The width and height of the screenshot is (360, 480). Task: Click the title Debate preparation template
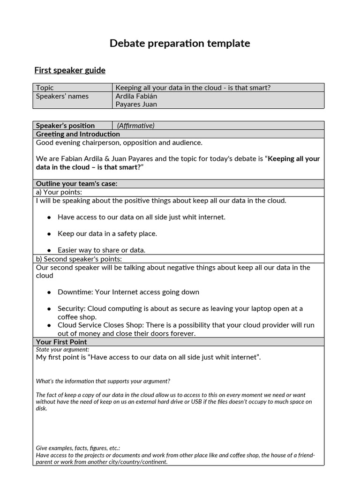[x=180, y=44]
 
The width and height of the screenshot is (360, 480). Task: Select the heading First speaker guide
[x=70, y=70]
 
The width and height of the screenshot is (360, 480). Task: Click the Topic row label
[x=45, y=88]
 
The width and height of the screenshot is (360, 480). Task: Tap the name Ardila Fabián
[x=136, y=96]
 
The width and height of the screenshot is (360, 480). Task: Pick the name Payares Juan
[x=136, y=104]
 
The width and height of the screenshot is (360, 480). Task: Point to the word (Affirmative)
[x=135, y=126]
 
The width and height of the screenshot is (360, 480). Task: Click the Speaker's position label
[x=65, y=126]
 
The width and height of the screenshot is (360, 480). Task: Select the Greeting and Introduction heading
[x=78, y=134]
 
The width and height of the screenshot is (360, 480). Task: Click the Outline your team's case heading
[x=76, y=184]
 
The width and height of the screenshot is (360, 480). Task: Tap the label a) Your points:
[x=59, y=192]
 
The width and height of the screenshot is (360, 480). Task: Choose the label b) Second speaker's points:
[x=79, y=259]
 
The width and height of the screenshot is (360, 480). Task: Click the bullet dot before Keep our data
[x=49, y=234]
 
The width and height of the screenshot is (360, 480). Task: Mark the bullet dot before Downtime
[x=49, y=292]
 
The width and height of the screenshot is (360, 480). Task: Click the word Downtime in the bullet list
[x=74, y=292]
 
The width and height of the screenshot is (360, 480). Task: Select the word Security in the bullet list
[x=71, y=308]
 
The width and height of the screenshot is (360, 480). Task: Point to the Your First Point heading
[x=61, y=342]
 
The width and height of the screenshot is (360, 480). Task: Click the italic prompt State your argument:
[x=62, y=350]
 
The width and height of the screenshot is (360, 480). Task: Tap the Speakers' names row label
[x=62, y=96]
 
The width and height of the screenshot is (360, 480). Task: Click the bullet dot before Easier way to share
[x=49, y=250]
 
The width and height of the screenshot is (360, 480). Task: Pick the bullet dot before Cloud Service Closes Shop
[x=49, y=325]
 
